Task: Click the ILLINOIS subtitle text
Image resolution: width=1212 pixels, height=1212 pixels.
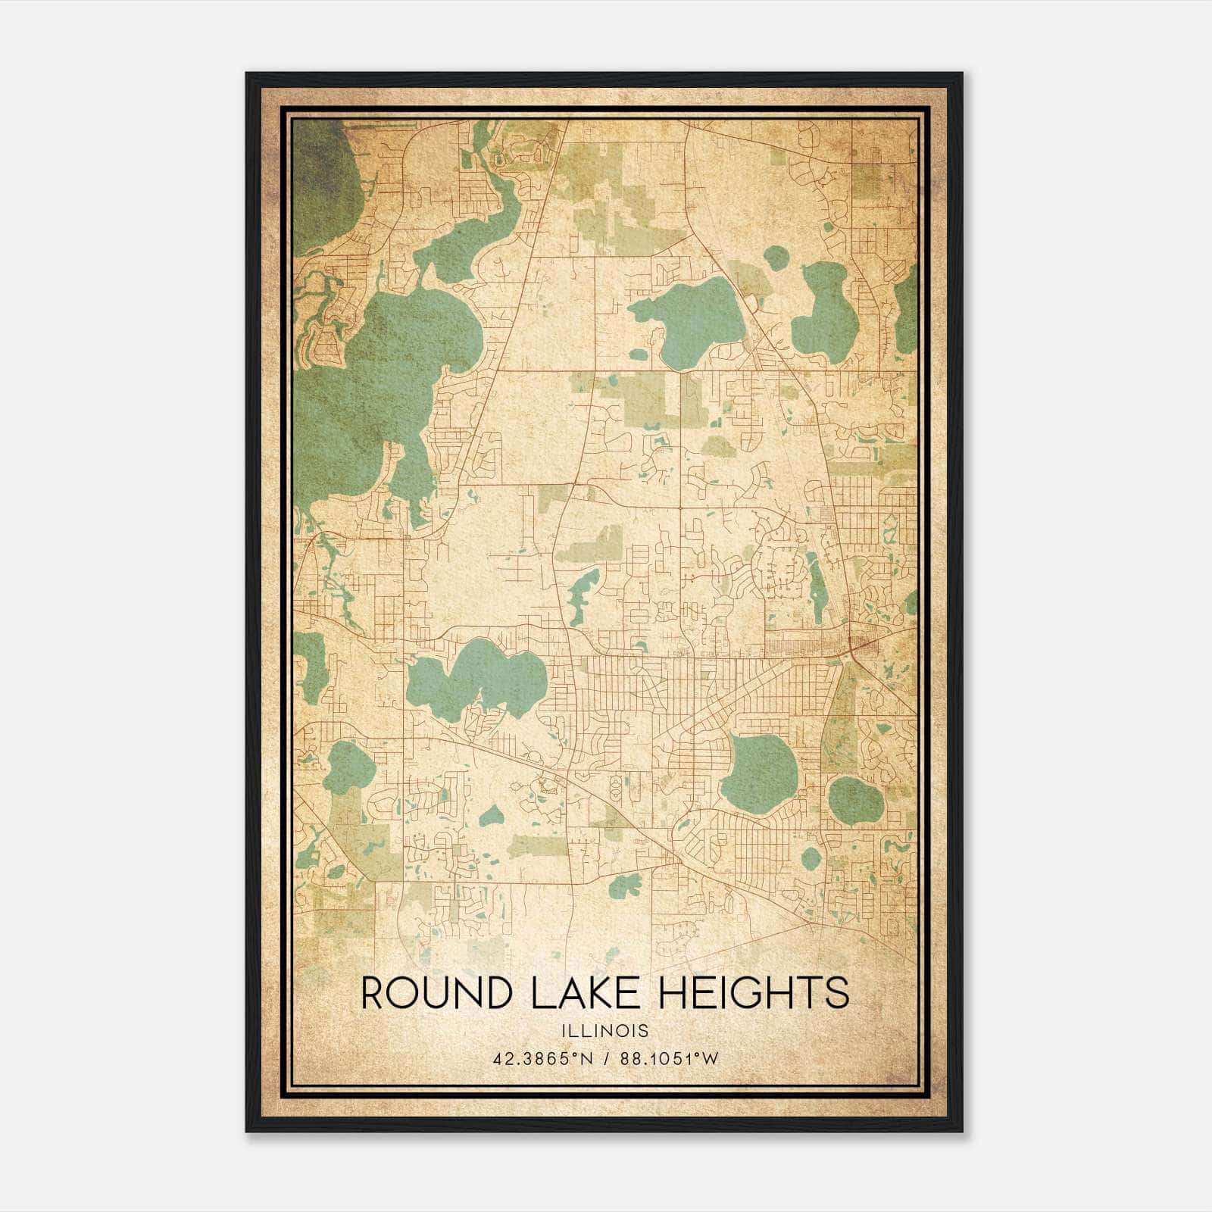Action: [605, 1031]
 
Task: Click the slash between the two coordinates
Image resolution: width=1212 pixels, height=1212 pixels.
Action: [606, 1059]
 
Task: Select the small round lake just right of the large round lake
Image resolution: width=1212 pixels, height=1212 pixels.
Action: [855, 800]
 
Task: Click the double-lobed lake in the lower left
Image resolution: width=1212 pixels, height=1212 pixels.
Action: [477, 676]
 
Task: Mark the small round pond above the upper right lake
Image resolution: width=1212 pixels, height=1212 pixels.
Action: [776, 258]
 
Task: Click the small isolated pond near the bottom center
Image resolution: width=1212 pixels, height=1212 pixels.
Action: [625, 884]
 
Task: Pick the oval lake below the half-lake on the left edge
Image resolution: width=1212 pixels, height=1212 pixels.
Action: [350, 765]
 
